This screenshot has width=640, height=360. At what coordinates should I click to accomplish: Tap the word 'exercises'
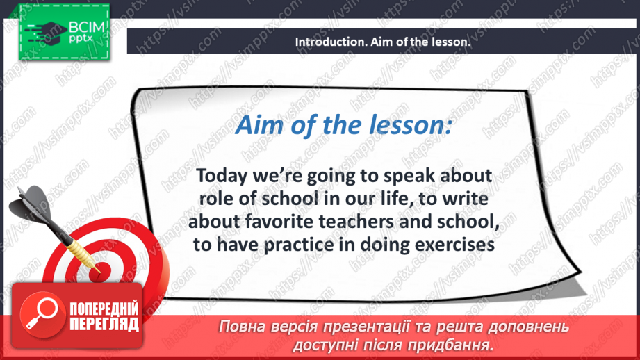tap(454, 245)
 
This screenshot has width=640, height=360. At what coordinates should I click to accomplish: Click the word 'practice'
tap(299, 245)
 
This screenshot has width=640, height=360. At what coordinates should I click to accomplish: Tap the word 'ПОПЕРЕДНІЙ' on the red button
tap(104, 309)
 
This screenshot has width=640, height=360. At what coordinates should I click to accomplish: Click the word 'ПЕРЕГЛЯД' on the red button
tap(104, 324)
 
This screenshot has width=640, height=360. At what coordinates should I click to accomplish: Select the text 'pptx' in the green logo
tap(81, 39)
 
